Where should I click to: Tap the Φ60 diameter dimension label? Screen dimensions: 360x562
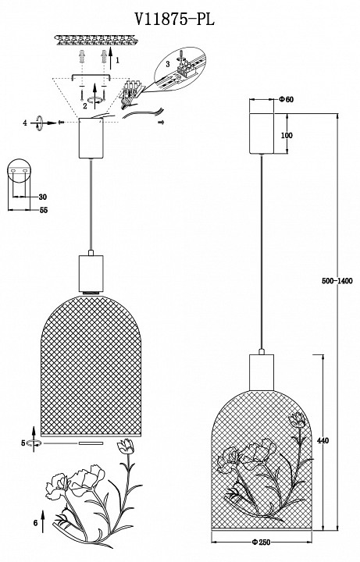click(x=286, y=100)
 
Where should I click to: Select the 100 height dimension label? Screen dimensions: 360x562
click(x=287, y=136)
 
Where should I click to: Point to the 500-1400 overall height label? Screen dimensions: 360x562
click(x=337, y=281)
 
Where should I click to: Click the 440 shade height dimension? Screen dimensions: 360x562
click(x=323, y=440)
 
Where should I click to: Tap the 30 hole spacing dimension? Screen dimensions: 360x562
click(x=43, y=197)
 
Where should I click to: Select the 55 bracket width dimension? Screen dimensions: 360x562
click(x=44, y=210)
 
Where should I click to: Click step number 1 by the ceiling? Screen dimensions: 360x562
click(x=118, y=61)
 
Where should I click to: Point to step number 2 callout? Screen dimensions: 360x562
click(x=84, y=105)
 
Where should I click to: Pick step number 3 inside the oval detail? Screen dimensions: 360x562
click(x=167, y=64)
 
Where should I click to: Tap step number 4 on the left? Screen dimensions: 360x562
click(x=25, y=123)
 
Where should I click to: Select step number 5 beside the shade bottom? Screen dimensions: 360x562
click(x=23, y=443)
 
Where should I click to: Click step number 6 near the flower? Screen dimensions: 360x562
click(x=35, y=523)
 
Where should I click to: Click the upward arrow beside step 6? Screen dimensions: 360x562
click(x=43, y=521)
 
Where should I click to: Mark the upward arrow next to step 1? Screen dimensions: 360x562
click(x=111, y=57)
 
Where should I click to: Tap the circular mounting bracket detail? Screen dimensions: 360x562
click(x=19, y=171)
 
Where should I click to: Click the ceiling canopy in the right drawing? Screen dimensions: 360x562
click(x=262, y=133)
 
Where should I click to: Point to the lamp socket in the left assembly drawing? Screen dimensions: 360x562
click(x=91, y=273)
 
